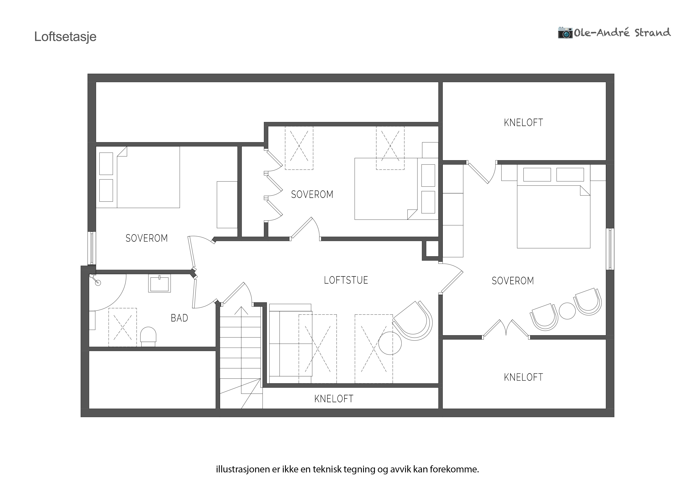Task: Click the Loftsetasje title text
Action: [65, 37]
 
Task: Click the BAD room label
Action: [179, 318]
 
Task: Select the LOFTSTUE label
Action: [346, 280]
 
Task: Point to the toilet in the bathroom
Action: [148, 336]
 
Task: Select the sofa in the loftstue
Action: [290, 344]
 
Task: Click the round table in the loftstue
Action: [390, 343]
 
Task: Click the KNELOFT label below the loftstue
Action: [334, 399]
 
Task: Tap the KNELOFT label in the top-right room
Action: [523, 123]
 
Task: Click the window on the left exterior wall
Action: [92, 248]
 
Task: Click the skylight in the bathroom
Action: [123, 327]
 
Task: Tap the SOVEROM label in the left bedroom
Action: [146, 238]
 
